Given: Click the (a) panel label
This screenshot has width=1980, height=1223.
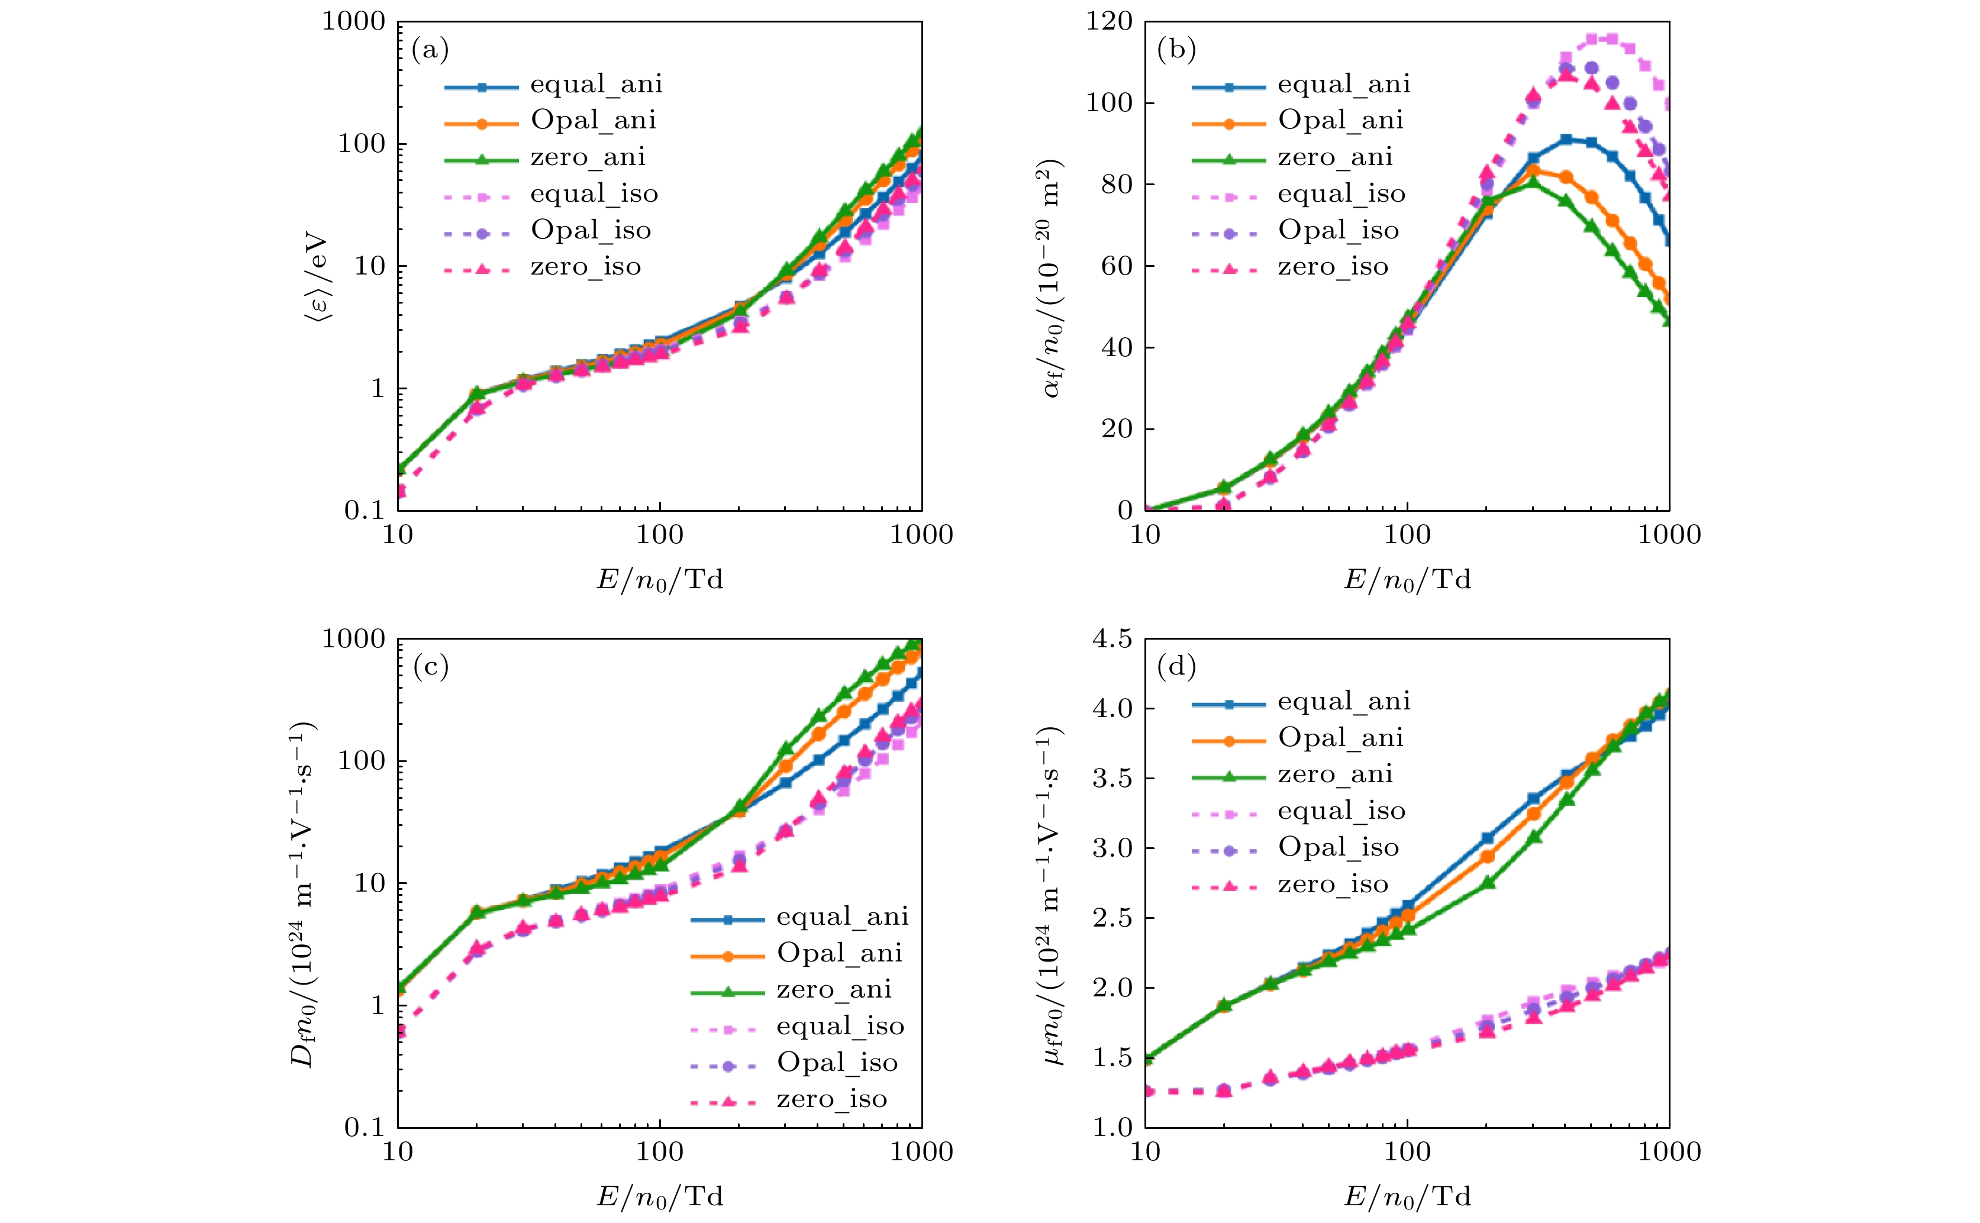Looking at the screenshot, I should (x=430, y=50).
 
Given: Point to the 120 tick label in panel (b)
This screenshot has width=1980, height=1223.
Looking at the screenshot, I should (x=1109, y=21).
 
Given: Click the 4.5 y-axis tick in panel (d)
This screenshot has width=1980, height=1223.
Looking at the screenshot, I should (x=1112, y=639).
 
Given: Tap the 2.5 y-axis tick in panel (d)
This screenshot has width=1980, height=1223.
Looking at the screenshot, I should (x=1112, y=919).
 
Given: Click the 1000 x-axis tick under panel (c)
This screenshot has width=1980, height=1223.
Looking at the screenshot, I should (x=921, y=1152).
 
